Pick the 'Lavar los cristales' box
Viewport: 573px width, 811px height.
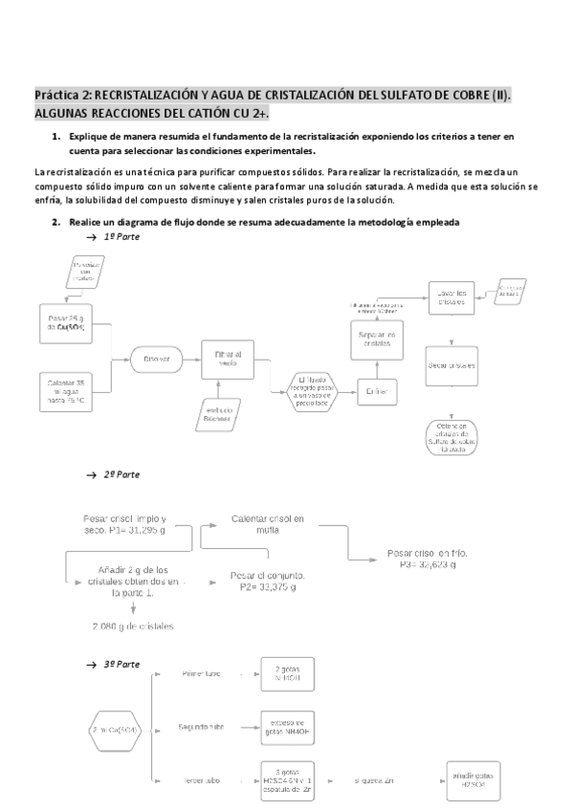[x=452, y=296]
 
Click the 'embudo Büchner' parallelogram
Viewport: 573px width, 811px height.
[x=223, y=413]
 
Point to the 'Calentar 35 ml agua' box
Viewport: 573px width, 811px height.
[x=66, y=393]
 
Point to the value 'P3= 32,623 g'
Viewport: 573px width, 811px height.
[x=421, y=559]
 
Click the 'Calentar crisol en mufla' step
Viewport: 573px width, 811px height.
[x=268, y=524]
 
